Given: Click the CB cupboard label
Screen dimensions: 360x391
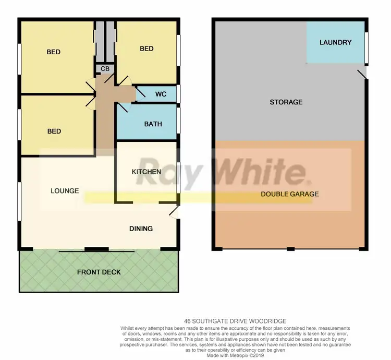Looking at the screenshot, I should (x=105, y=68).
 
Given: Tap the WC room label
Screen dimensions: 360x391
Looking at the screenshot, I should (x=161, y=94).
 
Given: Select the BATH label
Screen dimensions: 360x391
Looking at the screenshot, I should (x=153, y=124).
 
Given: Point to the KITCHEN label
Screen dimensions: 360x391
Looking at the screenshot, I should (x=146, y=171).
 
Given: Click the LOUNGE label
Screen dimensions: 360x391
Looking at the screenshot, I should (x=65, y=190).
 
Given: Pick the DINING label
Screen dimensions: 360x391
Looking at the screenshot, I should (x=141, y=229).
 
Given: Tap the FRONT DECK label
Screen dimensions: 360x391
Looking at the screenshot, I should (x=99, y=272).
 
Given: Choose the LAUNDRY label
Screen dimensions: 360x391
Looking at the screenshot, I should (x=335, y=42).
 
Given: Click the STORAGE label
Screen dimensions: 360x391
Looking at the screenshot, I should (x=286, y=102).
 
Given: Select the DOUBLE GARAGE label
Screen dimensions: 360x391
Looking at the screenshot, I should (x=290, y=194).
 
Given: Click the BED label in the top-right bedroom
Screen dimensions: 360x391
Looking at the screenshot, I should (x=146, y=49).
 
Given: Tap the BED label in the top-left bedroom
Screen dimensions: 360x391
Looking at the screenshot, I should (x=53, y=52).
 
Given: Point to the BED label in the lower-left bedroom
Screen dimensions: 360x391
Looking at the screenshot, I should (x=54, y=131).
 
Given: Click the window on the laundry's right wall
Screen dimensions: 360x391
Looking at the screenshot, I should (x=366, y=48).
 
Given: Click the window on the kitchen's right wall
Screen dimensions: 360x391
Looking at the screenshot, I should (x=178, y=178).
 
